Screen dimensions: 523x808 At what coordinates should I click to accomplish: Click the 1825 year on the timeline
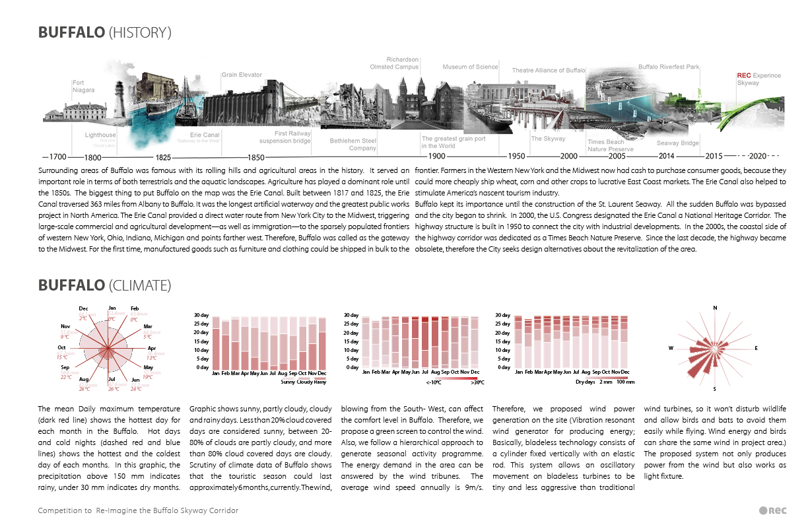[164, 157]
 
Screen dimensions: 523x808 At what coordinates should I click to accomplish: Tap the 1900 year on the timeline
[436, 157]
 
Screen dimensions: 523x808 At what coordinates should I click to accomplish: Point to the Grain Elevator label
[242, 75]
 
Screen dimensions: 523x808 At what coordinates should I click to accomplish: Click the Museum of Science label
[470, 67]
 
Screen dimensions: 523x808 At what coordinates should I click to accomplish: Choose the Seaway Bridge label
[677, 143]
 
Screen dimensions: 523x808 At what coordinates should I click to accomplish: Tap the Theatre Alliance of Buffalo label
[549, 70]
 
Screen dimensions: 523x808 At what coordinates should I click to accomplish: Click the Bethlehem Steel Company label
[353, 144]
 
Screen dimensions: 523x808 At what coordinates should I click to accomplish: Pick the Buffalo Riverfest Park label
[669, 67]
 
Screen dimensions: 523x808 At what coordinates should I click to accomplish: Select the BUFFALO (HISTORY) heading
[105, 32]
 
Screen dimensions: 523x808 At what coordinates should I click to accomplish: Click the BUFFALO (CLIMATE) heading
[105, 285]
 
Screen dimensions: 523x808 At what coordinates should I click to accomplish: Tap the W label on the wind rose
[671, 348]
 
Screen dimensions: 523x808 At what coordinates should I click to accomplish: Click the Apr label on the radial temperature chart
[151, 348]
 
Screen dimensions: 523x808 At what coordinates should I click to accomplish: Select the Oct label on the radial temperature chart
[62, 348]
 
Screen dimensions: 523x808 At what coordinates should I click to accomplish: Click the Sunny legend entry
[288, 382]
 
